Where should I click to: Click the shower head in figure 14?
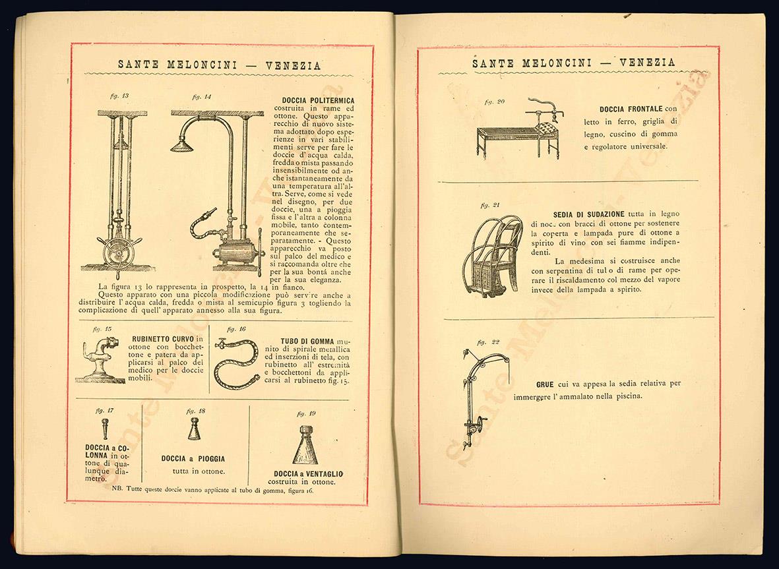point(181,144)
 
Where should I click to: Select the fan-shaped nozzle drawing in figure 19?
point(305,445)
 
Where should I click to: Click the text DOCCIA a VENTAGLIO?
point(308,474)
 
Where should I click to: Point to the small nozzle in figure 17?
point(104,429)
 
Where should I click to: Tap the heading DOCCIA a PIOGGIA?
point(193,458)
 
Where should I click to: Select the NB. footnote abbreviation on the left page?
point(118,490)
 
